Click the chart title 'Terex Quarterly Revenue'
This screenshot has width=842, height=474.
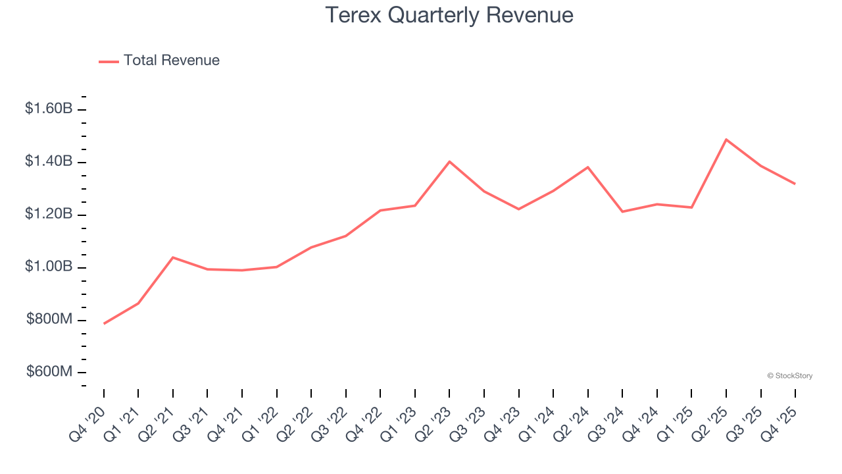[449, 15]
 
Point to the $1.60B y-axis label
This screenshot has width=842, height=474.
[49, 109]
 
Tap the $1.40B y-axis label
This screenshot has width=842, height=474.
[49, 161]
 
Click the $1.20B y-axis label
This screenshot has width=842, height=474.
[49, 214]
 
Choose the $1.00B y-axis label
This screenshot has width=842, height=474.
[49, 267]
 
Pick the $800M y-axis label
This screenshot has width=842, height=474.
[49, 319]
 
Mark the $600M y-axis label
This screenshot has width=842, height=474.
[49, 372]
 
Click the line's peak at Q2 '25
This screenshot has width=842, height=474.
[726, 140]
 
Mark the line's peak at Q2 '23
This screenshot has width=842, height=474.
[449, 161]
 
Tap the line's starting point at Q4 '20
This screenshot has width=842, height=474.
[104, 323]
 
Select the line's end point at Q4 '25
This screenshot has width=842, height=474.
[795, 184]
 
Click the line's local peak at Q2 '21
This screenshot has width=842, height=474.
[173, 257]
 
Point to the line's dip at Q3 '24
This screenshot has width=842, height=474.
[622, 211]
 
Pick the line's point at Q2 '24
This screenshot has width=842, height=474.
[587, 167]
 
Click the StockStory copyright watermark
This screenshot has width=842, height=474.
[789, 376]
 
